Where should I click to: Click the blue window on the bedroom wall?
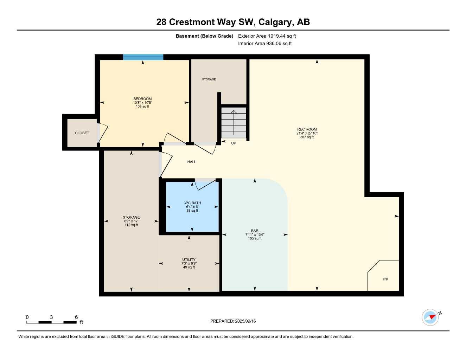(143, 57)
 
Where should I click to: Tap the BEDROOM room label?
(142, 99)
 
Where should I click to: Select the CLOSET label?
(82, 133)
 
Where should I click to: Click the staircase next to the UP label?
(234, 123)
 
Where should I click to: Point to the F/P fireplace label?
(385, 279)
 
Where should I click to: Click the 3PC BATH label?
(192, 203)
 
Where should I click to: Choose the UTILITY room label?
(189, 260)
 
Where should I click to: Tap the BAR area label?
(255, 231)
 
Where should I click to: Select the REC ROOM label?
(307, 129)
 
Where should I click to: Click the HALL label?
(192, 162)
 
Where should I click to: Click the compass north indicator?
(431, 317)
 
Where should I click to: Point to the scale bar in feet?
(51, 322)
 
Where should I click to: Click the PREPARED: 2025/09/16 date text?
(233, 321)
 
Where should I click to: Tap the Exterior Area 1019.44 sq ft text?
(267, 36)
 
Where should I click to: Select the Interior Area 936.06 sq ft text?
(265, 44)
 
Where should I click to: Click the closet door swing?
(102, 133)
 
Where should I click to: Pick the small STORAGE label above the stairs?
(209, 79)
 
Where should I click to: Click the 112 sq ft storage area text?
(131, 225)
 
